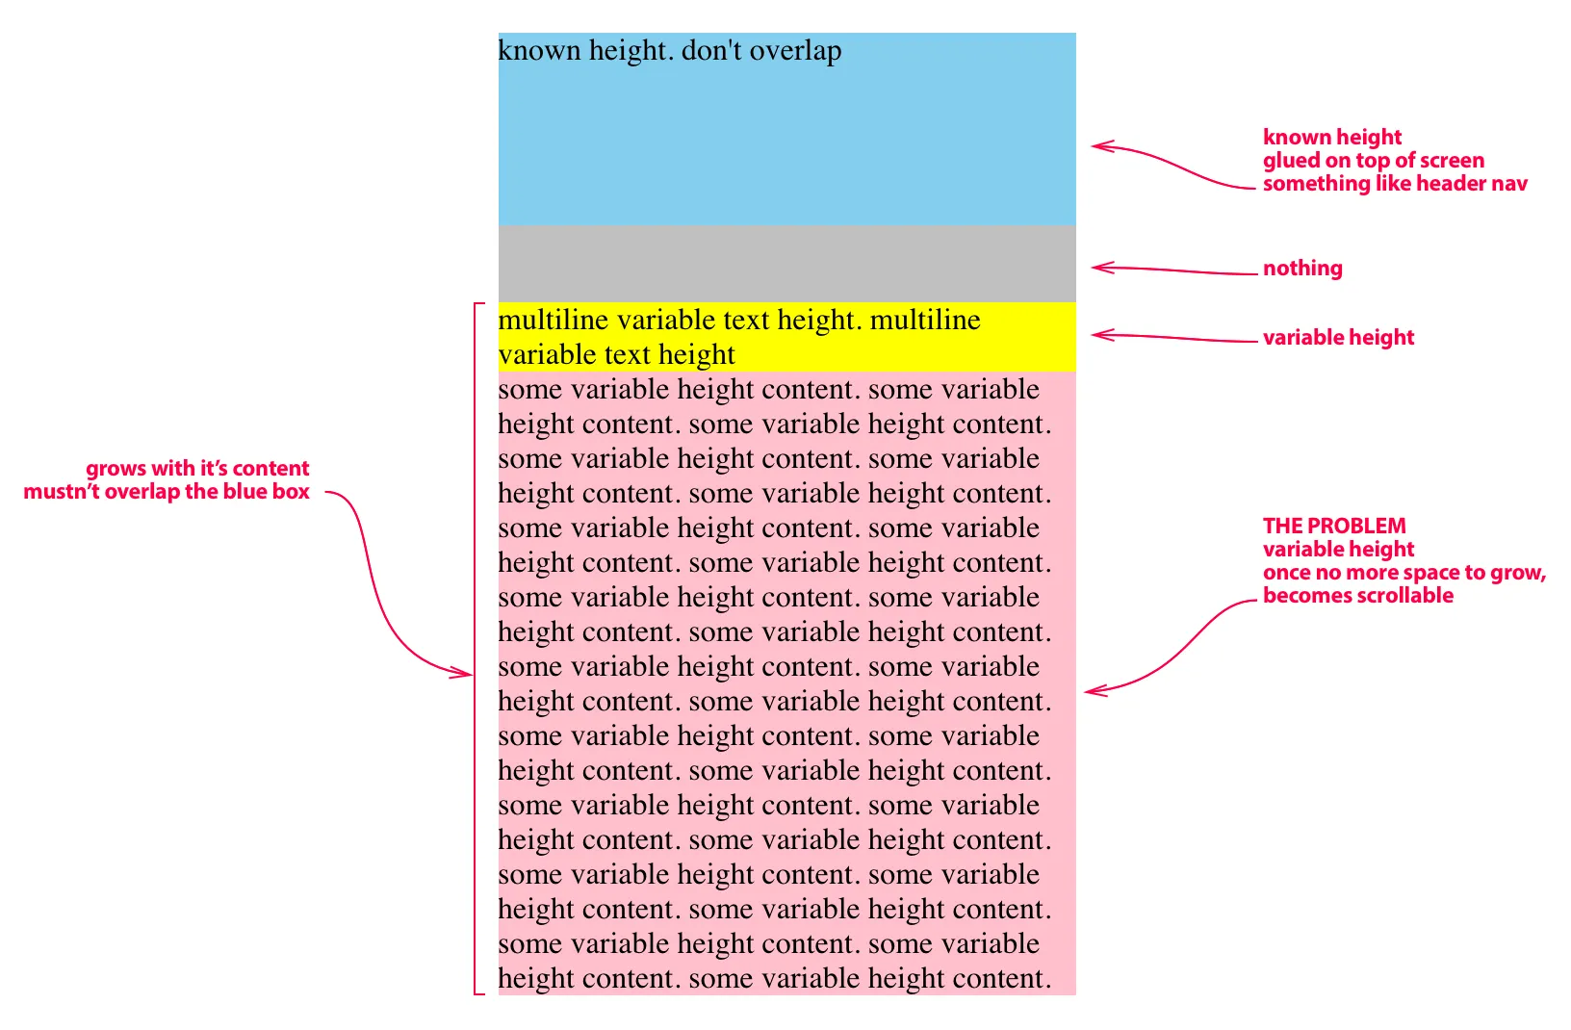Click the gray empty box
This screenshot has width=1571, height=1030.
point(786,264)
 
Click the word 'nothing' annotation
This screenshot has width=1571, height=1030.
point(1302,269)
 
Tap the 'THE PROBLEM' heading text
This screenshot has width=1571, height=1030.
point(1334,526)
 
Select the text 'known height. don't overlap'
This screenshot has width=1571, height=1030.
point(670,50)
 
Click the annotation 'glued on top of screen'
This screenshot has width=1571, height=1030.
point(1374,161)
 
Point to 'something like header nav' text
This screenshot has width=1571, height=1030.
point(1395,184)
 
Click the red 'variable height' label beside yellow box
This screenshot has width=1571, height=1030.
point(1338,338)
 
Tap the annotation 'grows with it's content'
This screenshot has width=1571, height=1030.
point(197,469)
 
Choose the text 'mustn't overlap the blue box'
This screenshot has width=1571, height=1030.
point(167,492)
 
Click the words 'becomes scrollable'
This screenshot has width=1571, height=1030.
point(1358,596)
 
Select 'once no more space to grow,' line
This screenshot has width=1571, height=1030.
point(1404,573)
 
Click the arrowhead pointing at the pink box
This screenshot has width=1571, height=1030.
point(1091,690)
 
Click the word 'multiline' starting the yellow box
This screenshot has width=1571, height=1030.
point(554,320)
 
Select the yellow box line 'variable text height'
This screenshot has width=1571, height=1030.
point(617,355)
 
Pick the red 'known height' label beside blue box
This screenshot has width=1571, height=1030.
point(1332,138)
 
